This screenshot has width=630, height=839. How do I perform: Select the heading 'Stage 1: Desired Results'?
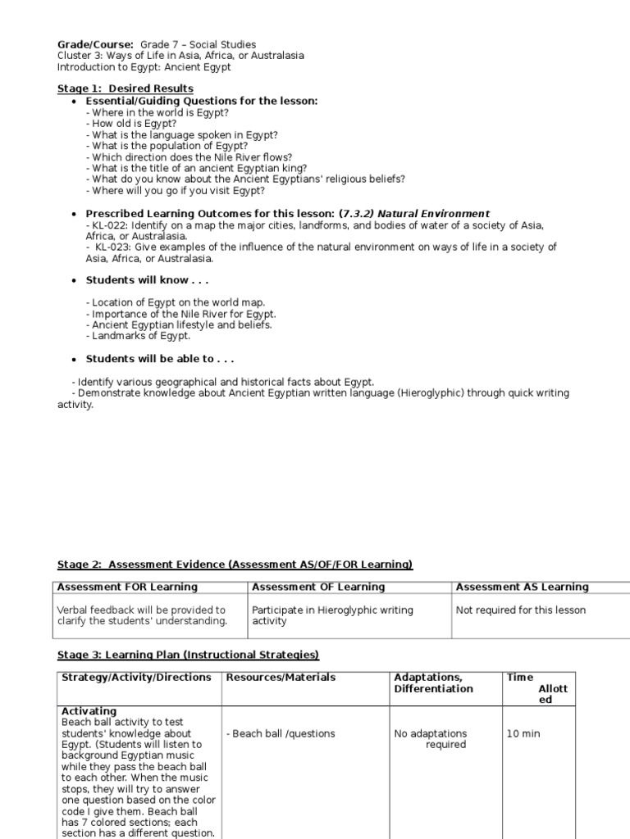[125, 88]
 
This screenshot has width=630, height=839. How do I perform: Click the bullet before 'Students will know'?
[74, 281]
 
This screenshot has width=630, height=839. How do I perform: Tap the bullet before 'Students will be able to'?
[74, 360]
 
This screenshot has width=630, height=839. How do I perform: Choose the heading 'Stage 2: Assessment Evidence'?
[141, 565]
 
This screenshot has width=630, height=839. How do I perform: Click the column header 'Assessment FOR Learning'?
[127, 587]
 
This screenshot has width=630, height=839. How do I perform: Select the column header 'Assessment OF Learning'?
[318, 587]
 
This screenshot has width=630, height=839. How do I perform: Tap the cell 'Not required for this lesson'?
[521, 610]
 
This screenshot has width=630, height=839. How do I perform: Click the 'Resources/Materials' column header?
[281, 678]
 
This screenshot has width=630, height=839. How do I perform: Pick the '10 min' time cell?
[523, 734]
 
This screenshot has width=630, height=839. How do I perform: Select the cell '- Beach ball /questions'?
[281, 734]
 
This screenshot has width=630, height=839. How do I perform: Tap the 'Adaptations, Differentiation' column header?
[433, 683]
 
